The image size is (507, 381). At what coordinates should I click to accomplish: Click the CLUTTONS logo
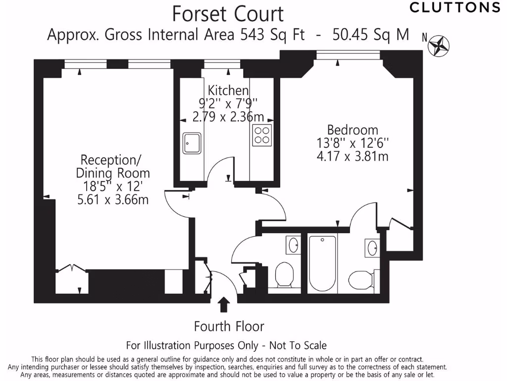(455, 7)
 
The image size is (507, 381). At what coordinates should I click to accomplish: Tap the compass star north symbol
(439, 45)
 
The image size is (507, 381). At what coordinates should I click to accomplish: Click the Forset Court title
(228, 14)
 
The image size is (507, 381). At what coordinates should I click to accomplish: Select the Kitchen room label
(228, 90)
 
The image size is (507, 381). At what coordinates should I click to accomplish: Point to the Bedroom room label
(353, 130)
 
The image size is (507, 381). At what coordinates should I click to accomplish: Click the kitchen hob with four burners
(262, 135)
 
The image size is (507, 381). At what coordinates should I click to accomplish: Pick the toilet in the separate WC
(285, 275)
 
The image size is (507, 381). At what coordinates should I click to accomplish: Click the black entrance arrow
(224, 305)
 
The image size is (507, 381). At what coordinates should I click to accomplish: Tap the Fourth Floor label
(229, 326)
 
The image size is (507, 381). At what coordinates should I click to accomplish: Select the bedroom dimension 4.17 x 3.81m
(353, 156)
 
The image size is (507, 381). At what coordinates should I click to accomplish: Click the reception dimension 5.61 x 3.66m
(113, 199)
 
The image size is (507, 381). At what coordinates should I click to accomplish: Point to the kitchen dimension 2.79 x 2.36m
(228, 117)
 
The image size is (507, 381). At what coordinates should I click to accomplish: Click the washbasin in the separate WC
(294, 245)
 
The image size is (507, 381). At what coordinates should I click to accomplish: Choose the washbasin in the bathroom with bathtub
(372, 248)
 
